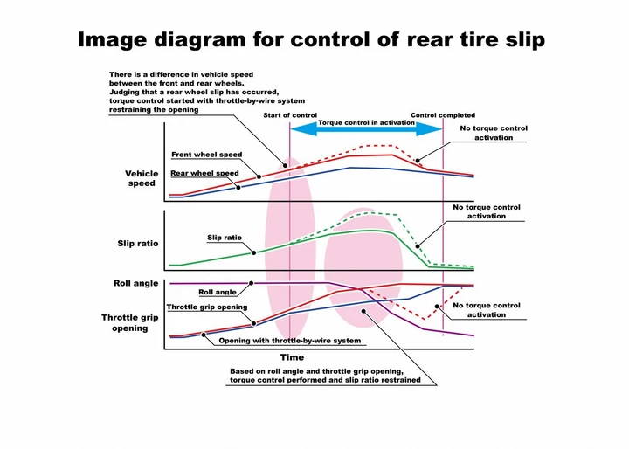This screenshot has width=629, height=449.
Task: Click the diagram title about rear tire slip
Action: pos(311,39)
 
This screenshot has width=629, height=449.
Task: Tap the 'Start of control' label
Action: pos(290,115)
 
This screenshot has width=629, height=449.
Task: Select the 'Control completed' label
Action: pos(443,115)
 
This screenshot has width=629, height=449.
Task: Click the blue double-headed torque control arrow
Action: pos(366,128)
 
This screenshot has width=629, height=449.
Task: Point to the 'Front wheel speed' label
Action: pos(206,155)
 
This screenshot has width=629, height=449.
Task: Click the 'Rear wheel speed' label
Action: pos(204,173)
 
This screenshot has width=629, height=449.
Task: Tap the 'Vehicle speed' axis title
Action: pos(142,178)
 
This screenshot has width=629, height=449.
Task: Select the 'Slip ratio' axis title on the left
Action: pos(138,244)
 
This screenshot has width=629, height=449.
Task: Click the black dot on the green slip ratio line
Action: pos(254,252)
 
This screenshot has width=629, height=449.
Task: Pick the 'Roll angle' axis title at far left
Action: pos(135,283)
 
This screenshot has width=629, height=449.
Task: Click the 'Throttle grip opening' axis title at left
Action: pos(130,323)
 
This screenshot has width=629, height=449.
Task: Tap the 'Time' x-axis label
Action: pos(292,357)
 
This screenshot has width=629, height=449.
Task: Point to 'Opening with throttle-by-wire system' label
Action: pos(290,341)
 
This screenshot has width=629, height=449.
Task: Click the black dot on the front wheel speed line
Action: pos(259,176)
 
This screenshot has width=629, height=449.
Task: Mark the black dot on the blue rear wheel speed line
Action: pos(238,188)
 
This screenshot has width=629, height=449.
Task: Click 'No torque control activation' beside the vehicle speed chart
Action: pos(494,133)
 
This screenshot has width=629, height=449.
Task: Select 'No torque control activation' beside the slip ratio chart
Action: pos(487,211)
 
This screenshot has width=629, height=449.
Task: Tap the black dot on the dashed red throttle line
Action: pos(437,307)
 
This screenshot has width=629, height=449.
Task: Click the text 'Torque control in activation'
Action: pos(366,122)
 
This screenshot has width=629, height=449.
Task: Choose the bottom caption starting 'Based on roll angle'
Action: pos(325,376)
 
